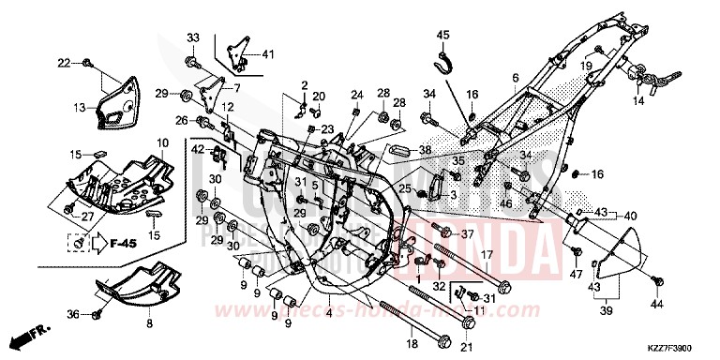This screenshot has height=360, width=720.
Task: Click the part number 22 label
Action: pos(64,63)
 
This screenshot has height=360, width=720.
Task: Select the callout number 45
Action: pos(443,35)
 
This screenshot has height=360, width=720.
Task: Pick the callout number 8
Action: pos(148,322)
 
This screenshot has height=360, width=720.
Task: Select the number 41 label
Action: pos(269,52)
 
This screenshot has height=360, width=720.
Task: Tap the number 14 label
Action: pos(638,99)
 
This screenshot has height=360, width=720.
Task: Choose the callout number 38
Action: pos(425,150)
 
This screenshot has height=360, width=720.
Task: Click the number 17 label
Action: pos(487,253)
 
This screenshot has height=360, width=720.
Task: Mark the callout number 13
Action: pos(82,107)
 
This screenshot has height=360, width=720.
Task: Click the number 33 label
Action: pos(193,37)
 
